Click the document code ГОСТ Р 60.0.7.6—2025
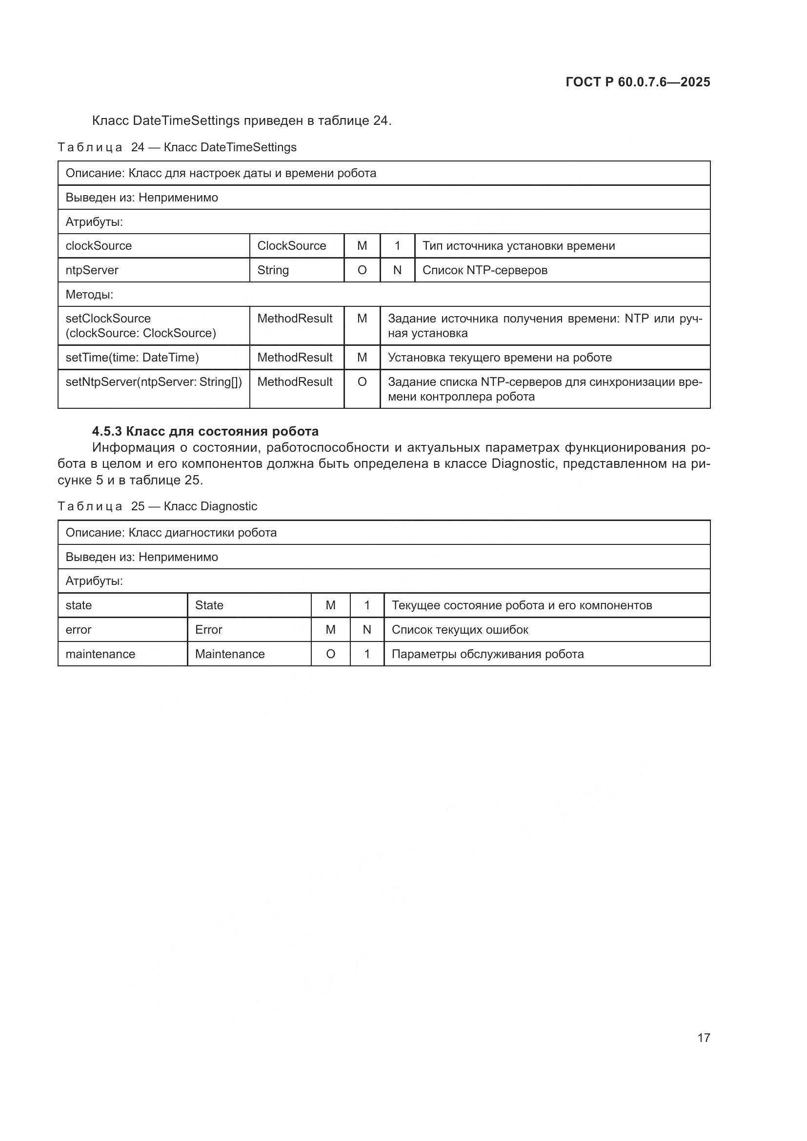pos(638,82)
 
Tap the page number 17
pos(704,1038)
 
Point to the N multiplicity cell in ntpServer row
pos(397,270)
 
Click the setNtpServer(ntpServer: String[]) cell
pos(154,381)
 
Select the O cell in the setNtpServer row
pos(362,381)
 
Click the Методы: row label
pos(89,294)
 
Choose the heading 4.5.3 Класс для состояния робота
pos(205,431)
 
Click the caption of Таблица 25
pos(158,506)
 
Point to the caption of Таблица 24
pos(177,147)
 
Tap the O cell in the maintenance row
pos(330,654)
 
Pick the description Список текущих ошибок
pos(460,629)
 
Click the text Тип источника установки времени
pos(518,245)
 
